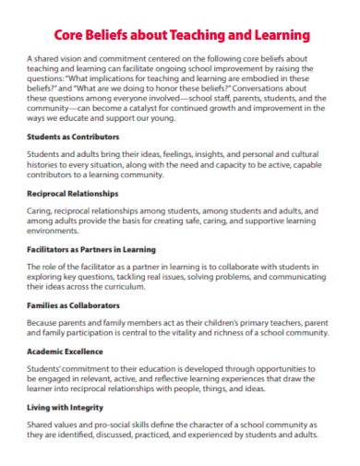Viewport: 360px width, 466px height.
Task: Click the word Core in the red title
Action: click(x=71, y=35)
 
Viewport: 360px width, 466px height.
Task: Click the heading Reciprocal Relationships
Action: click(x=73, y=194)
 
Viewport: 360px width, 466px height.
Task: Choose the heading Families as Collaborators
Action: click(x=73, y=305)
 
